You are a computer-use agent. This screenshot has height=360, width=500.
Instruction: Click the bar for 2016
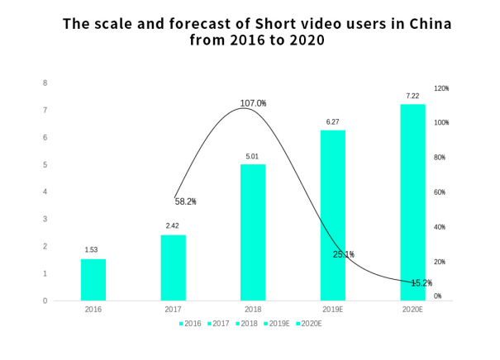click(93, 279)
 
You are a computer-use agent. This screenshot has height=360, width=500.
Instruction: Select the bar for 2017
click(174, 268)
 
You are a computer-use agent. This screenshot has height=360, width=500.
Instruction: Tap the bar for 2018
click(253, 232)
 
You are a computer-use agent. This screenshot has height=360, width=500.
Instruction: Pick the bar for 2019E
click(333, 215)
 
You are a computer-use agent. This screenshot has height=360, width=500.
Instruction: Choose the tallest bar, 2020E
click(412, 202)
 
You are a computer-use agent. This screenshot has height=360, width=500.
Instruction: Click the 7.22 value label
click(412, 96)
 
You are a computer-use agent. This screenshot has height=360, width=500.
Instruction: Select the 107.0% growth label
click(253, 103)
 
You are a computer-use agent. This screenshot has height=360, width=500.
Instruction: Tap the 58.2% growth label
click(185, 201)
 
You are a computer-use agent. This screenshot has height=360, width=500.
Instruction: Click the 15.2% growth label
click(421, 282)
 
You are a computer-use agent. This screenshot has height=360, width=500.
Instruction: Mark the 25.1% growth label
click(343, 254)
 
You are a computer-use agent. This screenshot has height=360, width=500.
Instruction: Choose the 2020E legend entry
click(308, 323)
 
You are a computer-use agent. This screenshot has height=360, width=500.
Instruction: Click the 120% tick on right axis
click(441, 88)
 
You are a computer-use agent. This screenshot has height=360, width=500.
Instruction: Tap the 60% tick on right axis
click(440, 192)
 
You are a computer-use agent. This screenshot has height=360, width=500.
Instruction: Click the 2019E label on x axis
click(333, 310)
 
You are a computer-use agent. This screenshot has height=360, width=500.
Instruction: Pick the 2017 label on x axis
click(174, 310)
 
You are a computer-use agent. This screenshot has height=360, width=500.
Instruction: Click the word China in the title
click(428, 23)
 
